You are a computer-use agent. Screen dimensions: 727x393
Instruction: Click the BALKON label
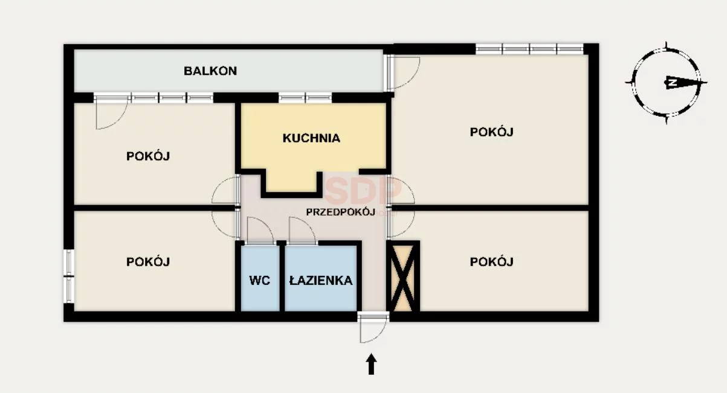[x=210, y=71]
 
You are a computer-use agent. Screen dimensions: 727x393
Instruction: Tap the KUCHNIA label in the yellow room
[x=311, y=138]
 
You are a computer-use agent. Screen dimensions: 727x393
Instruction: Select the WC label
[x=260, y=281]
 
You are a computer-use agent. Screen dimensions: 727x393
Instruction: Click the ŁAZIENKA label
[x=321, y=280]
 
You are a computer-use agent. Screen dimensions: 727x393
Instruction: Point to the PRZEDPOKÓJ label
[x=341, y=212]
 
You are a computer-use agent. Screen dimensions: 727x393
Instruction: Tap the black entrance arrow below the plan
[x=371, y=364]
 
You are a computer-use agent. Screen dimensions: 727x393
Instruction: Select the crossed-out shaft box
[x=402, y=276]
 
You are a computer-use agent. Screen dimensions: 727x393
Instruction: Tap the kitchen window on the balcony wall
[x=305, y=98]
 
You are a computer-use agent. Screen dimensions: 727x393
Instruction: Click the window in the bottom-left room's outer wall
[x=69, y=276]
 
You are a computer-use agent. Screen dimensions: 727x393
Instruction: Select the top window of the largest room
[x=529, y=49]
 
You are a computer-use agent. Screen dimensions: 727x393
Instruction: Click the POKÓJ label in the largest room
[x=491, y=132]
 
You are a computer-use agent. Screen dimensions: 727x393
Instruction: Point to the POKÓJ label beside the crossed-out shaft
[x=491, y=261]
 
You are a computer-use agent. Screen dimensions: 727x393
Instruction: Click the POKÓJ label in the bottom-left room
[x=148, y=261]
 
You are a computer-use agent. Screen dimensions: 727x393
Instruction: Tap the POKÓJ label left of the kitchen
[x=148, y=156]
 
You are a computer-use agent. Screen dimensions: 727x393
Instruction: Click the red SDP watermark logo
[x=363, y=191]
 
